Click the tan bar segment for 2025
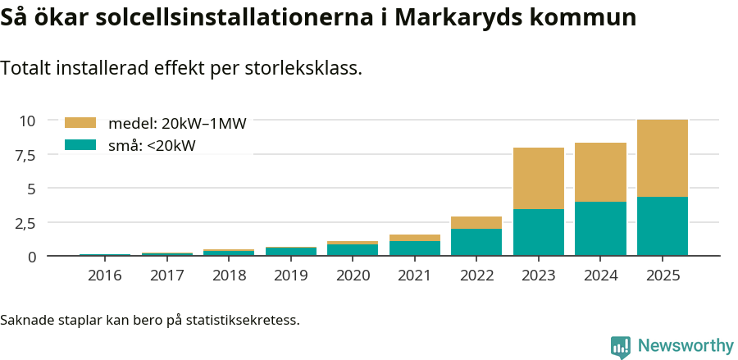coord(663,158)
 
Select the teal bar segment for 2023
coord(539,233)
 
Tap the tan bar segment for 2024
coord(600,172)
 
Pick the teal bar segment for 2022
coord(476,243)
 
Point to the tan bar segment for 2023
coord(539,178)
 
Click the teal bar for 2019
coord(290,252)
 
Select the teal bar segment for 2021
coord(415,248)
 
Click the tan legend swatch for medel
coord(80,123)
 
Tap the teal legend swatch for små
coord(80,145)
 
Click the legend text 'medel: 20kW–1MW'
coord(177,124)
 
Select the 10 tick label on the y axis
coord(27,121)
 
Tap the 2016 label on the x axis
coord(104,276)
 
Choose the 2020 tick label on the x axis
coord(353,276)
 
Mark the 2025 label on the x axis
coord(663,276)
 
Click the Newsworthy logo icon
coord(621,346)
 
